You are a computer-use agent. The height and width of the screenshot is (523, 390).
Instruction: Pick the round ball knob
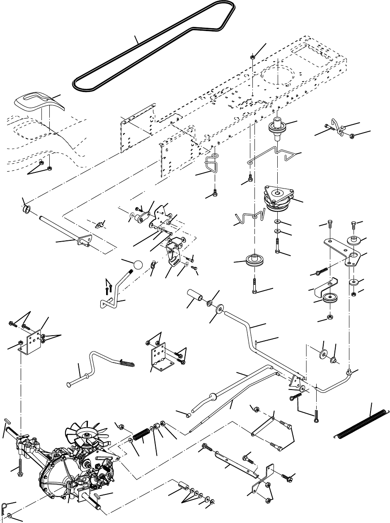138,265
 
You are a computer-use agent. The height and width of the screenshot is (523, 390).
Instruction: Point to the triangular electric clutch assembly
280,198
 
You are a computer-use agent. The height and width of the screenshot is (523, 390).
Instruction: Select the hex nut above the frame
252,57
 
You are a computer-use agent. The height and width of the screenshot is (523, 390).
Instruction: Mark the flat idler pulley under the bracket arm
330,298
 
